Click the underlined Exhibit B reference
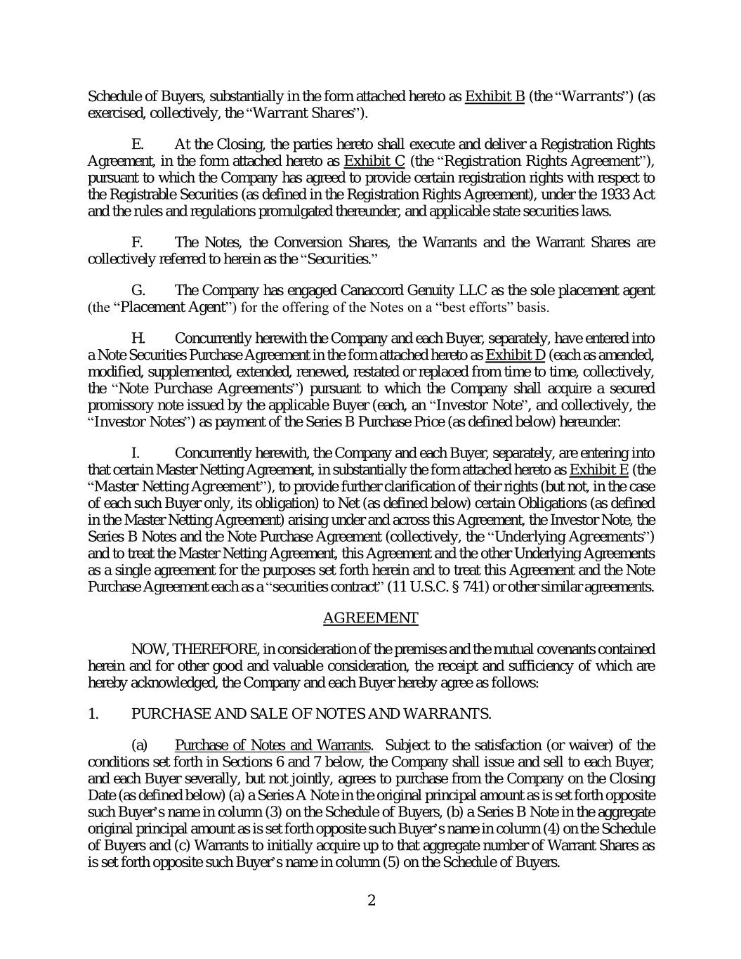494,96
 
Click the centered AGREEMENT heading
370,618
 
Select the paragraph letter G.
138,290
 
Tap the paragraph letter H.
138,339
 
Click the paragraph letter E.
138,145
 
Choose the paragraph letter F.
138,242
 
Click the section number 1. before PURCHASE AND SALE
93,714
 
